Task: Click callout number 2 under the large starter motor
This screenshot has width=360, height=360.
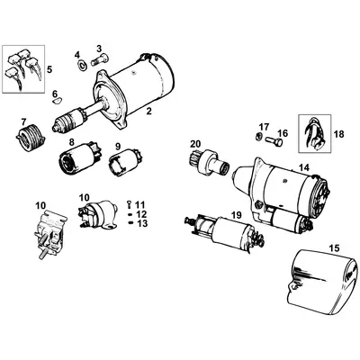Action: (148, 111)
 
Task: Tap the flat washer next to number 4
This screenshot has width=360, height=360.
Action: (81, 65)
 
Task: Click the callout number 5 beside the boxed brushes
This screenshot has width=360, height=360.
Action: (49, 68)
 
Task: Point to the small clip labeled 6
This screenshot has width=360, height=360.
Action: (61, 100)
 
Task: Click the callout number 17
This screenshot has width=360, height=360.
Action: (264, 127)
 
